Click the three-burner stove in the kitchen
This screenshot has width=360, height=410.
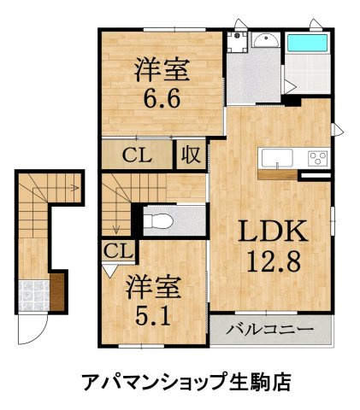click(316, 158)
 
